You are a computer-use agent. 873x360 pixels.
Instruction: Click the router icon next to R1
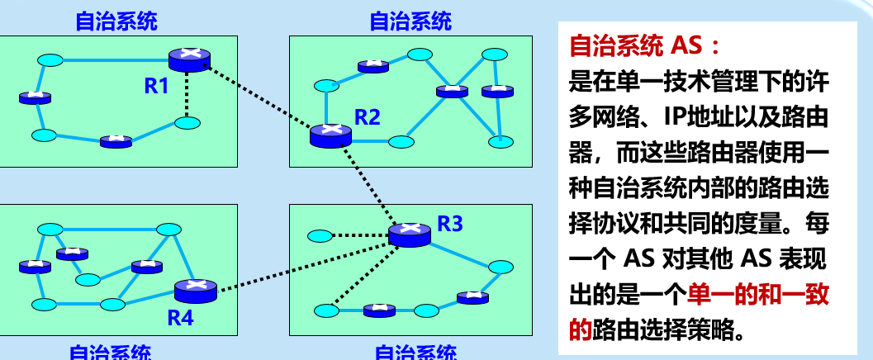(x=189, y=59)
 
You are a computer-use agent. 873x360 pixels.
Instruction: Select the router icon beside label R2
(x=331, y=135)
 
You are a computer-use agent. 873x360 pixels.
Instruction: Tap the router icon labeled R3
(x=410, y=234)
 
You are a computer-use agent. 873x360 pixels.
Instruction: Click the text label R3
(x=450, y=223)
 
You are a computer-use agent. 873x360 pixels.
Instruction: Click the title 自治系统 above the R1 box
(x=116, y=22)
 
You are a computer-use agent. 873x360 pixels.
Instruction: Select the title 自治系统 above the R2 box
(x=410, y=22)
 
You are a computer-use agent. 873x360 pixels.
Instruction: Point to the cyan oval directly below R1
(x=187, y=123)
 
